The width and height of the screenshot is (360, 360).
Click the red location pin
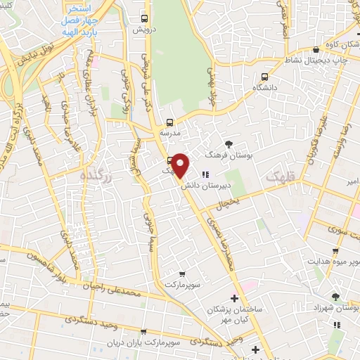(x=181, y=166)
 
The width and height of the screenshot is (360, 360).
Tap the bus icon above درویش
(x=144, y=19)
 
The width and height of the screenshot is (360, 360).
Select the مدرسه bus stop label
(x=169, y=131)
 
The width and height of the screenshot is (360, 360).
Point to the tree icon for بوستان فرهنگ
(x=228, y=143)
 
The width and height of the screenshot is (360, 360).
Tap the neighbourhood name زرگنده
(x=97, y=176)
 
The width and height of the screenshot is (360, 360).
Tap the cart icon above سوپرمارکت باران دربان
(x=143, y=332)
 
